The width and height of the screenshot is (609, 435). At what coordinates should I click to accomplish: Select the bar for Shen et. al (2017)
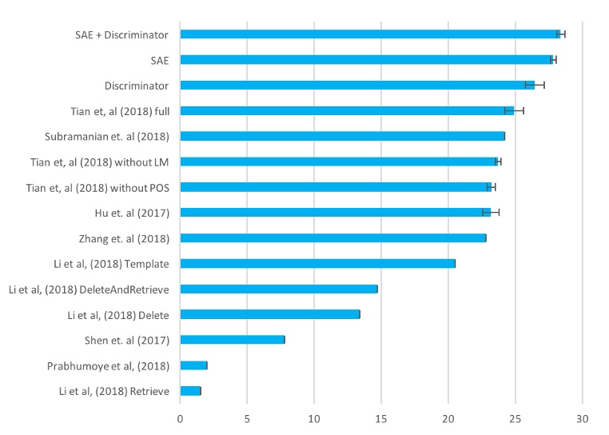pos(232,340)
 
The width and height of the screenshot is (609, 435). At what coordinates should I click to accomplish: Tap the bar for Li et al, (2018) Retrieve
pos(190,391)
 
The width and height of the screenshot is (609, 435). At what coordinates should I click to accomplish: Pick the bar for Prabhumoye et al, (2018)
pos(193,365)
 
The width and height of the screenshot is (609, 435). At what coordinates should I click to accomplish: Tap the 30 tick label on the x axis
pos(583,417)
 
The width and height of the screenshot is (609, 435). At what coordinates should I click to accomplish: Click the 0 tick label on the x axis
pos(180,417)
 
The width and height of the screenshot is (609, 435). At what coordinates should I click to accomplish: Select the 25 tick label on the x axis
pos(515,417)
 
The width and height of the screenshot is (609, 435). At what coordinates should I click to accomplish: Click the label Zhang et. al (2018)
pos(123,237)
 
